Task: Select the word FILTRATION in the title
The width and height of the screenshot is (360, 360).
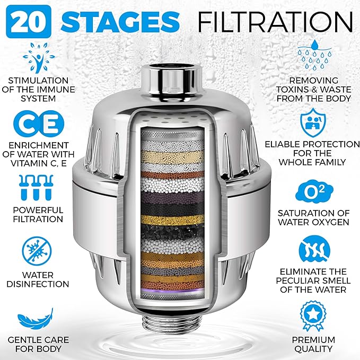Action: [275, 21]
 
